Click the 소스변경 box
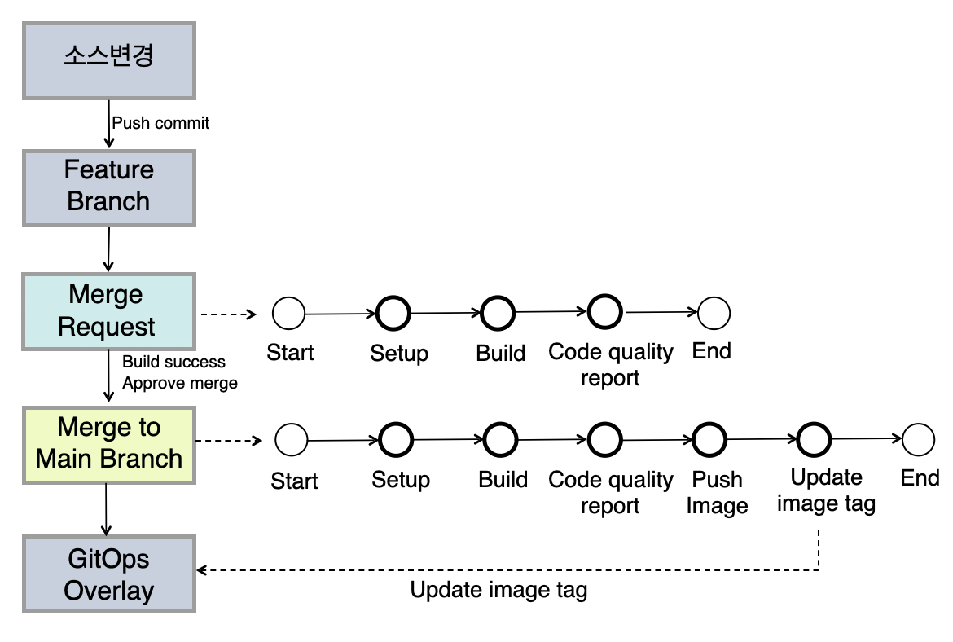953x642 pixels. pyautogui.click(x=108, y=60)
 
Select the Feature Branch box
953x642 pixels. pyautogui.click(x=108, y=187)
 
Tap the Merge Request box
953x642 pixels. pyautogui.click(x=108, y=312)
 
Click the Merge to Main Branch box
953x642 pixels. pyautogui.click(x=108, y=445)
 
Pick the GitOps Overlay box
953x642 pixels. pyautogui.click(x=108, y=574)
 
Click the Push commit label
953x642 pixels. pyautogui.click(x=160, y=123)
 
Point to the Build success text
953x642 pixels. pyautogui.click(x=173, y=361)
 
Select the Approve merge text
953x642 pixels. pyautogui.click(x=180, y=383)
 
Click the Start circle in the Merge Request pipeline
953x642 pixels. pyautogui.click(x=289, y=313)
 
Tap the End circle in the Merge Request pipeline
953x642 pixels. pyautogui.click(x=714, y=312)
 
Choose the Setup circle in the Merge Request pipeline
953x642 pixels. pyautogui.click(x=394, y=312)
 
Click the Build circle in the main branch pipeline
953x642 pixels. pyautogui.click(x=499, y=440)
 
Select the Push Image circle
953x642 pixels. pyautogui.click(x=709, y=439)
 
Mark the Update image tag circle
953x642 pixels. pyautogui.click(x=814, y=439)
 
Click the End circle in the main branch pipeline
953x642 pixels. pyautogui.click(x=918, y=439)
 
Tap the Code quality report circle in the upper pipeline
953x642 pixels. pyautogui.click(x=605, y=311)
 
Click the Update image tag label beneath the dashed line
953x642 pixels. pyautogui.click(x=498, y=591)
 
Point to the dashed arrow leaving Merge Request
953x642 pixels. pyautogui.click(x=228, y=314)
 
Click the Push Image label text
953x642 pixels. pyautogui.click(x=717, y=492)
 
